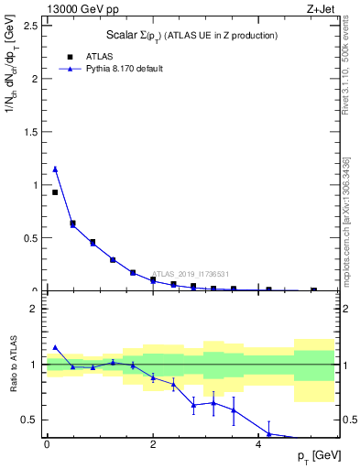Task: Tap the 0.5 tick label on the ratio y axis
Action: pyautogui.click(x=32, y=420)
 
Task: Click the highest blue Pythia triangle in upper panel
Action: pyautogui.click(x=55, y=169)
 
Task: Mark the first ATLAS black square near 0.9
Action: pyautogui.click(x=55, y=192)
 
